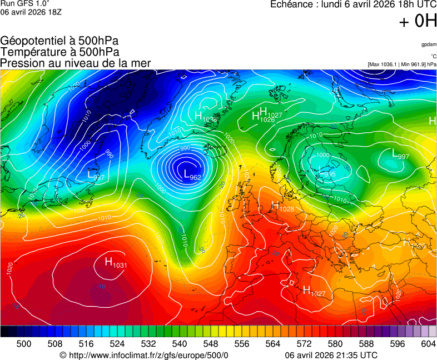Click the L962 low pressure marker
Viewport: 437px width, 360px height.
point(192,174)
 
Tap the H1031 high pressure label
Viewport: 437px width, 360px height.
point(116,262)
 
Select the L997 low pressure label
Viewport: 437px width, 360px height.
point(400,154)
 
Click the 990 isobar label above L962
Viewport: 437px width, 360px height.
point(185,148)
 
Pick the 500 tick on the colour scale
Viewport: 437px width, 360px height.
point(24,344)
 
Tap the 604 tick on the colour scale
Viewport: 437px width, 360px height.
point(428,344)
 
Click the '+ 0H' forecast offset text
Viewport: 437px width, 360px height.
point(418,21)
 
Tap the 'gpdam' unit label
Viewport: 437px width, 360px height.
point(428,44)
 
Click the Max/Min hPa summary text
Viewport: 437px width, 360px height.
point(401,64)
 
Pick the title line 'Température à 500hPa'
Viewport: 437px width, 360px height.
point(59,52)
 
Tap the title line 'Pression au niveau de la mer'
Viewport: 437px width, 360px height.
point(76,63)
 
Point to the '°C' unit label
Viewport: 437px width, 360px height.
point(433,56)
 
